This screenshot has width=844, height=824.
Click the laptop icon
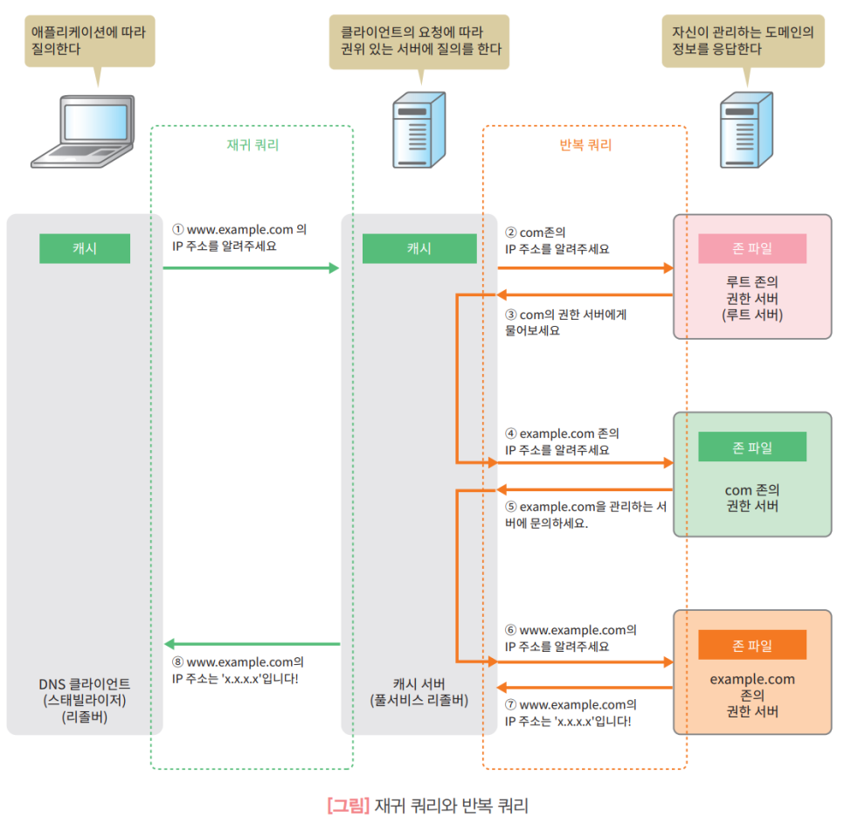[83, 131]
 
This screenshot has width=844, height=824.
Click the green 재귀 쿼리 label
[252, 145]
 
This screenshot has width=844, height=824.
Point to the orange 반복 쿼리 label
[585, 145]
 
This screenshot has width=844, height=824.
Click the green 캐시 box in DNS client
[85, 248]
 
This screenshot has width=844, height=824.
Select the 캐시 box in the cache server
[419, 248]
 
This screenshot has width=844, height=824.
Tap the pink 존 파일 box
[751, 248]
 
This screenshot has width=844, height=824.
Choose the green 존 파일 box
[751, 447]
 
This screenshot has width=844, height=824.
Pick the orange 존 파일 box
[751, 645]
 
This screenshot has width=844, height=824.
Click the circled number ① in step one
[178, 229]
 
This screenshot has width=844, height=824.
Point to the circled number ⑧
[178, 661]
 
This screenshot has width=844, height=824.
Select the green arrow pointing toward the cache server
[251, 268]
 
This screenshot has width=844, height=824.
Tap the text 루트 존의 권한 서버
[751, 298]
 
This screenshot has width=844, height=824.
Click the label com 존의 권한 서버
[751, 497]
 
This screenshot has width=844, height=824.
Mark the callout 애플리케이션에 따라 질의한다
[90, 40]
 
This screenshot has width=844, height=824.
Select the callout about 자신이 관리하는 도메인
[742, 40]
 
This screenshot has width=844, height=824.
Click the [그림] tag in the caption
[348, 805]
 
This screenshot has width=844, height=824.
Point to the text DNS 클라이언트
[85, 683]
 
